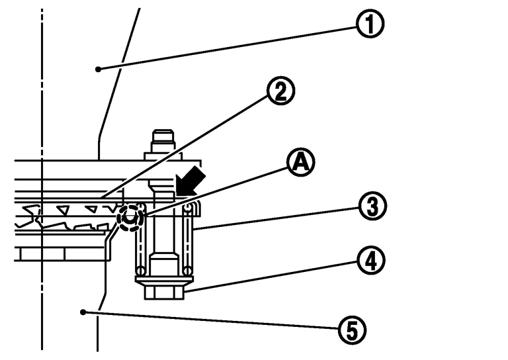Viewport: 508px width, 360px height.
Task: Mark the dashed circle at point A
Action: pyautogui.click(x=130, y=216)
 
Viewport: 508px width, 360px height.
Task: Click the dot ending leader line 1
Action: pyautogui.click(x=97, y=68)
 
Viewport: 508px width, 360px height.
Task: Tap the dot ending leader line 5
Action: pyautogui.click(x=82, y=310)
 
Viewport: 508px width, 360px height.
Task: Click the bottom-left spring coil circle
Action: pyautogui.click(x=140, y=270)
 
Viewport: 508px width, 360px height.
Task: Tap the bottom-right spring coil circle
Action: pyautogui.click(x=189, y=270)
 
